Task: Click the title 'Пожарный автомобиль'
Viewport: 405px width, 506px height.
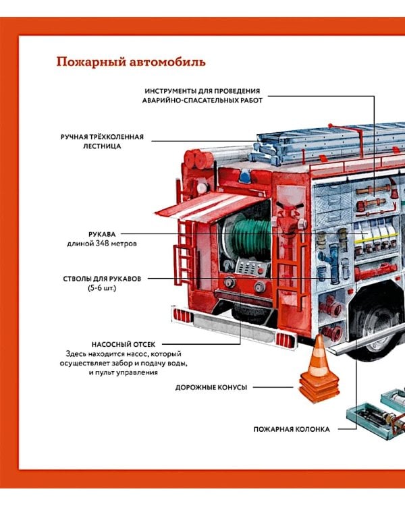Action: click(131, 63)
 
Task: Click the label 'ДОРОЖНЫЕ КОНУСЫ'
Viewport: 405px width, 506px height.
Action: click(211, 387)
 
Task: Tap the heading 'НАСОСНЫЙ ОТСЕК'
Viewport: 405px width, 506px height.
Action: click(128, 343)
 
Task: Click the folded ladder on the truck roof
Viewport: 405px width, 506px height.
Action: click(317, 142)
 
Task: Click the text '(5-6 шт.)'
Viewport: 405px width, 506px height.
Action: click(102, 289)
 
